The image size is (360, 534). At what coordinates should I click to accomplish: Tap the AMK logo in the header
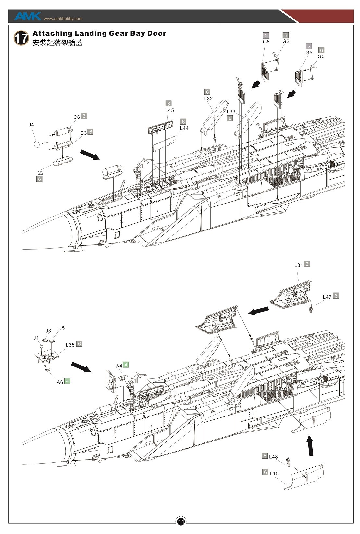(x=27, y=16)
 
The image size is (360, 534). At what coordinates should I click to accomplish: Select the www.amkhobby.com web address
(x=63, y=19)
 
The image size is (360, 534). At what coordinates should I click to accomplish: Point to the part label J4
(x=31, y=125)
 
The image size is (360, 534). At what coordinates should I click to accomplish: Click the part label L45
(x=169, y=110)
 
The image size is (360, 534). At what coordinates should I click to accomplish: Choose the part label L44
(x=184, y=128)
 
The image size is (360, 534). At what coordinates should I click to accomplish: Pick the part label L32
(x=208, y=99)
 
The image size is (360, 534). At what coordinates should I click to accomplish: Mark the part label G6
(x=266, y=42)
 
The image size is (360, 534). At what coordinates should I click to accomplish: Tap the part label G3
(x=321, y=56)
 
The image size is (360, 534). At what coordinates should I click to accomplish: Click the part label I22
(x=40, y=173)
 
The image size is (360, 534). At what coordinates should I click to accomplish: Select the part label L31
(x=298, y=265)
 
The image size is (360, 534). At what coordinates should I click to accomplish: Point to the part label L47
(x=327, y=297)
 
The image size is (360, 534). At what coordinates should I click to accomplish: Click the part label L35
(x=70, y=345)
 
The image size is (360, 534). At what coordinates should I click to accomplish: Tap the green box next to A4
(x=126, y=365)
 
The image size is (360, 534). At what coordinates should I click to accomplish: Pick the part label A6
(x=60, y=382)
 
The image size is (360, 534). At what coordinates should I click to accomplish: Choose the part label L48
(x=273, y=457)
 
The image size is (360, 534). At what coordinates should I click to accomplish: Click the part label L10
(x=274, y=473)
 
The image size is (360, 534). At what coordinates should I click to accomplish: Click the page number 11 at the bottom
(x=181, y=521)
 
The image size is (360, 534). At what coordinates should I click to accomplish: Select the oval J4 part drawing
(x=38, y=144)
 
